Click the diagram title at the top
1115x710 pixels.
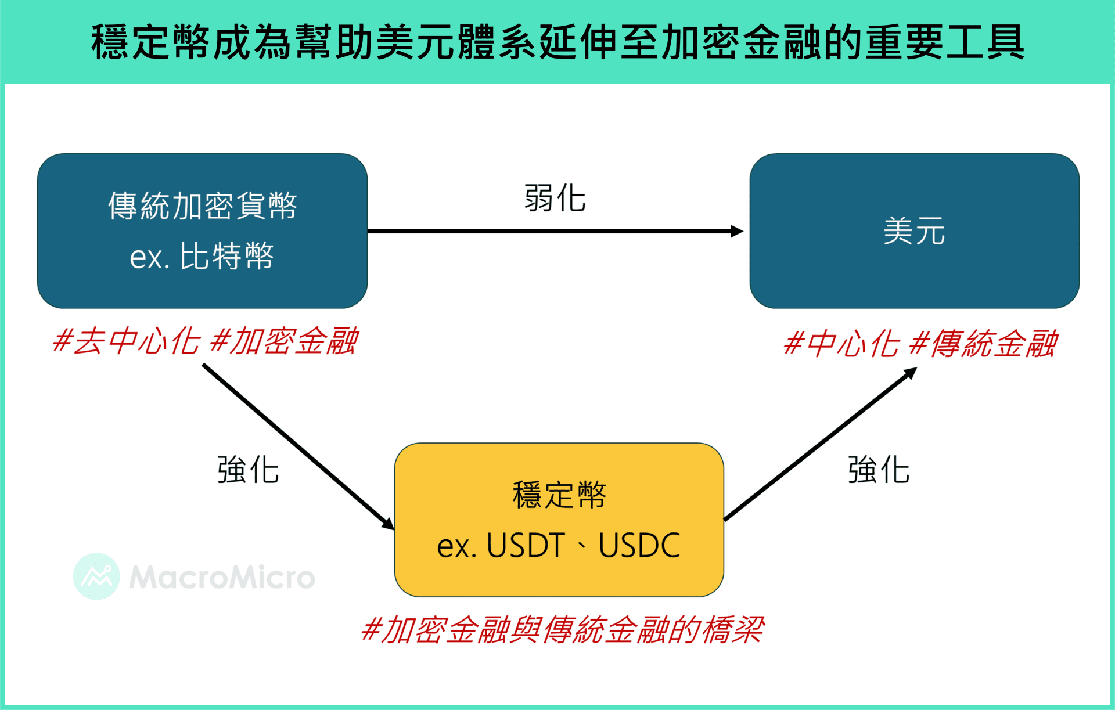tap(557, 42)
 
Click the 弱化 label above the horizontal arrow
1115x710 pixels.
tap(555, 198)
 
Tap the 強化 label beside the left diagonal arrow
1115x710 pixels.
tap(248, 470)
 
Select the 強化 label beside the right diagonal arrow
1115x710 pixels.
tap(879, 470)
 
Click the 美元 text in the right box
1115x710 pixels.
tap(914, 231)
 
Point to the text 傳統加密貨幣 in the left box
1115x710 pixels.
tap(203, 206)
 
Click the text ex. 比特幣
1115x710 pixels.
tap(202, 256)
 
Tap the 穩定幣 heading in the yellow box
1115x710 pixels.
tap(559, 495)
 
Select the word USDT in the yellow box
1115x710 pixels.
tap(526, 546)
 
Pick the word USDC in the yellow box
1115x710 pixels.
tap(639, 546)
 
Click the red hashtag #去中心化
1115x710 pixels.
tap(126, 341)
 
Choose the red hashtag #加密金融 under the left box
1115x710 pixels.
tap(284, 341)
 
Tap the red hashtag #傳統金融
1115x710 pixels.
tap(983, 344)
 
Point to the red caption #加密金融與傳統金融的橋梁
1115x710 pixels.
tap(562, 630)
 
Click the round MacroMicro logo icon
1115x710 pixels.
tap(96, 576)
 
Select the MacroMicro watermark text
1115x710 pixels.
tap(222, 577)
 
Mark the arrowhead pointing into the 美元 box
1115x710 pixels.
tap(737, 231)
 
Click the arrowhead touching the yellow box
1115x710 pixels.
tap(388, 524)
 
